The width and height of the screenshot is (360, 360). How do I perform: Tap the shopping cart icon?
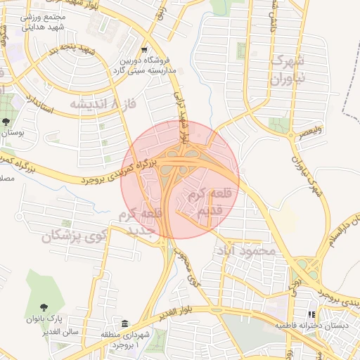[x=144, y=51]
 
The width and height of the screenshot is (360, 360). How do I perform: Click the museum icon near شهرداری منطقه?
[x=124, y=324]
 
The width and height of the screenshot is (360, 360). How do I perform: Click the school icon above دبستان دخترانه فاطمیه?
[x=311, y=315]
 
